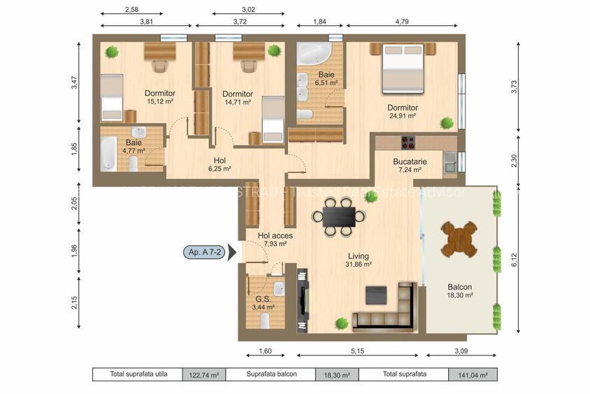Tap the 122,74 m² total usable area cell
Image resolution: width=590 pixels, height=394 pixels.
pos(204,374)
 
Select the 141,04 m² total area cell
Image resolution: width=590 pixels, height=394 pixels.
pos(473,374)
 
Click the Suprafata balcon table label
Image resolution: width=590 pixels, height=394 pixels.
pos(271,374)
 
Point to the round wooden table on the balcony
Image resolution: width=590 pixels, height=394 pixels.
pos(459,239)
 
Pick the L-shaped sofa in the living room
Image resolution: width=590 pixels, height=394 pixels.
pos(389,309)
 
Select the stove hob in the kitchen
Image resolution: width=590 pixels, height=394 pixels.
pos(407,142)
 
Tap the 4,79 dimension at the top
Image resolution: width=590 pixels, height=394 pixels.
pos(401,22)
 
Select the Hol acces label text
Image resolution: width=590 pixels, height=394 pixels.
pos(275,236)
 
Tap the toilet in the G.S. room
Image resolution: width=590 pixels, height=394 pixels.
pos(265,321)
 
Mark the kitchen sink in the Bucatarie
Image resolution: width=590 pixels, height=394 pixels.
pos(449,162)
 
